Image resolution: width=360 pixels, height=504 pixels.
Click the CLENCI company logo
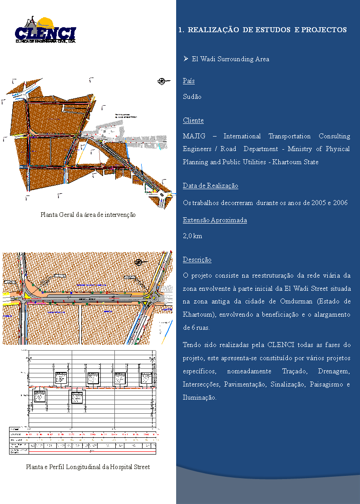point(45,30)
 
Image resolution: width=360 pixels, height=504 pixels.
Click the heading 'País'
point(189,81)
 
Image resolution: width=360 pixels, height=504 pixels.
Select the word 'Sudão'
point(192,97)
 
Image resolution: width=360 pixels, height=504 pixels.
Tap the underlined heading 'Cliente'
point(193,120)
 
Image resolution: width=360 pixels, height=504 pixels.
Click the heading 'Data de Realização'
point(210,186)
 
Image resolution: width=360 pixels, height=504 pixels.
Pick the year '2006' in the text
point(340,202)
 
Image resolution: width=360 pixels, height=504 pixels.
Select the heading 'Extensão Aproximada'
point(215,220)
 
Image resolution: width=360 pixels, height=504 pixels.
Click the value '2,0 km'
point(192,236)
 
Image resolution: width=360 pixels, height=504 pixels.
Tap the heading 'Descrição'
point(197,259)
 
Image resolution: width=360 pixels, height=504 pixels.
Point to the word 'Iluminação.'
point(200,397)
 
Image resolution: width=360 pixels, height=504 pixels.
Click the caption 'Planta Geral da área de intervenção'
point(88,214)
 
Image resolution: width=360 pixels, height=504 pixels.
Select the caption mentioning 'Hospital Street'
point(88,467)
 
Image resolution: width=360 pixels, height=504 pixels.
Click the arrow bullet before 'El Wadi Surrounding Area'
point(186,59)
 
